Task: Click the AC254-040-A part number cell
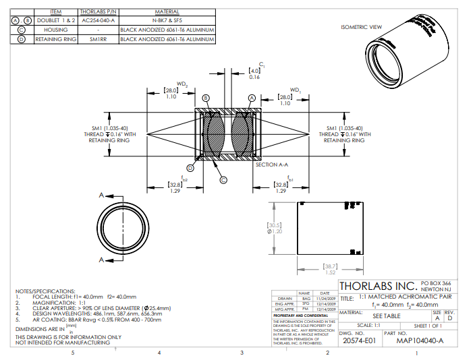click(98, 21)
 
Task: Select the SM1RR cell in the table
click(98, 39)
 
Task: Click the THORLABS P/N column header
click(98, 12)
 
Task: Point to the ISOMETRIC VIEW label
click(361, 27)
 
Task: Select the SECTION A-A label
click(272, 164)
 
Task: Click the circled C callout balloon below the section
click(223, 179)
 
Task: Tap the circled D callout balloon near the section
click(190, 168)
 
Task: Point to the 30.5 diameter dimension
click(275, 227)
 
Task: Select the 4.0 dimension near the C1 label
click(254, 70)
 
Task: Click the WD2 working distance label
click(182, 85)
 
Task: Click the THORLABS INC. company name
click(379, 286)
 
